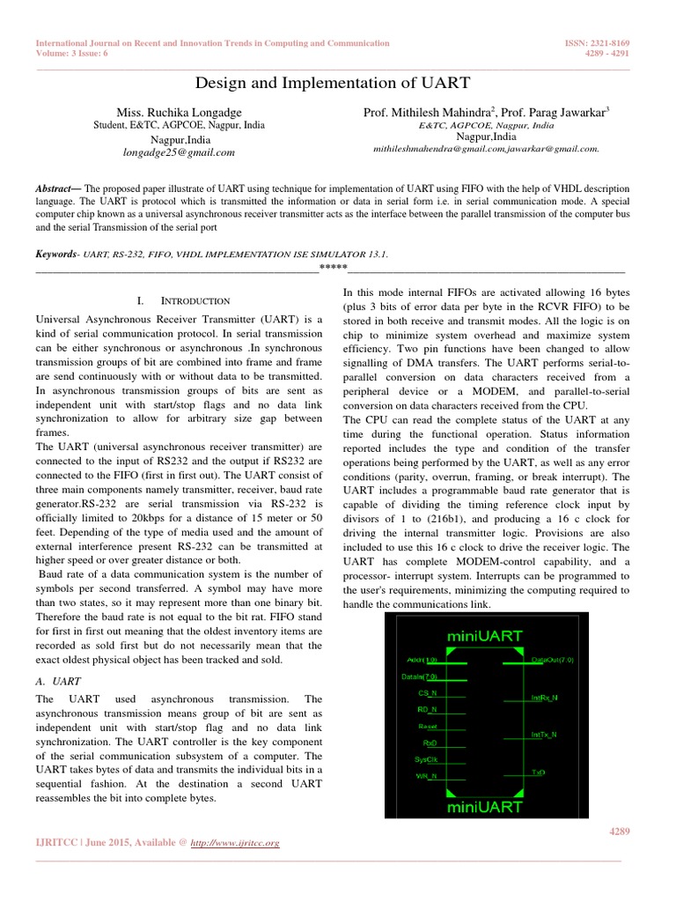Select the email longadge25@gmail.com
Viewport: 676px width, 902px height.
179,152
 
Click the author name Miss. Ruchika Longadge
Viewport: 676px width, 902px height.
179,113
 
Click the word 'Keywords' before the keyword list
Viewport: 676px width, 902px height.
55,254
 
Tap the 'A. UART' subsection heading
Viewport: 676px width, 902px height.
56,681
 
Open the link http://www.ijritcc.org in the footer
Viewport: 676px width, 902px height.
238,843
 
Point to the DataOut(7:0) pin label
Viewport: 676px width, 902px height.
552,659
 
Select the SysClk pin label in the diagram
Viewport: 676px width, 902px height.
426,758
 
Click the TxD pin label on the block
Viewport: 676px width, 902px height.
538,773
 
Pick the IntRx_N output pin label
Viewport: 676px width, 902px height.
544,698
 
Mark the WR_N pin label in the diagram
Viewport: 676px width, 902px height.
426,775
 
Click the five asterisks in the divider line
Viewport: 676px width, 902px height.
333,267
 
